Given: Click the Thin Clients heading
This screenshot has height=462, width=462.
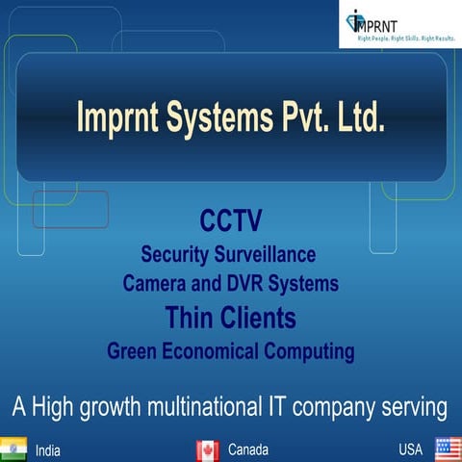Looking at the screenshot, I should pyautogui.click(x=230, y=317).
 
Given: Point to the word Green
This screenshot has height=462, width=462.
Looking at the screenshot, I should pyautogui.click(x=133, y=350).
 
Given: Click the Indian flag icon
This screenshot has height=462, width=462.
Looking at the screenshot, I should pyautogui.click(x=13, y=449).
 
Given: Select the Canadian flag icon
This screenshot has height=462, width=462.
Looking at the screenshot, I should pyautogui.click(x=208, y=449).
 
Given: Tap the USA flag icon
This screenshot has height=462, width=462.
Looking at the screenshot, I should pyautogui.click(x=448, y=449).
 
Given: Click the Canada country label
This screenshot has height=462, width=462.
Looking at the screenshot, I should pyautogui.click(x=247, y=449).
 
